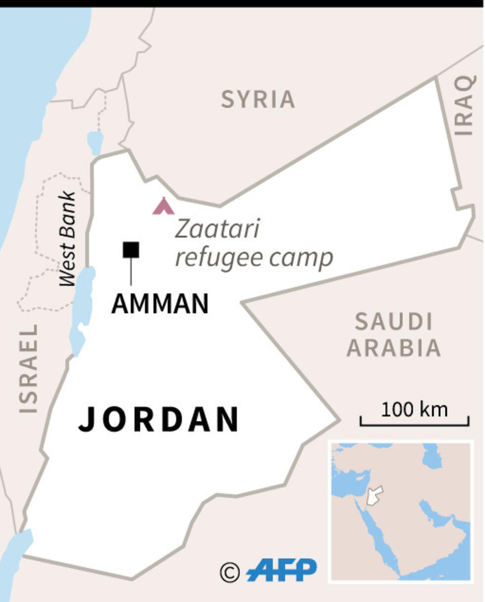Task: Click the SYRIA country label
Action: coord(257,99)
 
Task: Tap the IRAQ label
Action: coord(465,105)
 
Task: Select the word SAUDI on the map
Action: coord(393,323)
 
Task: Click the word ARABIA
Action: coord(393,348)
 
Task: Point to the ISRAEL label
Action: coord(28,368)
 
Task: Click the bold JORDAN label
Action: coord(159,419)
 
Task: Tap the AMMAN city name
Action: coord(159,304)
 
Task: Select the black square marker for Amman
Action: coord(131,250)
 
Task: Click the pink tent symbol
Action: coord(163,206)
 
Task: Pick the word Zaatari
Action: coord(218,229)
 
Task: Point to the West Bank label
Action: coord(68,238)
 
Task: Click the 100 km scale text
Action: coord(414,410)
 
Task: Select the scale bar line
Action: coord(414,424)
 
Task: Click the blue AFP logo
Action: coord(282,570)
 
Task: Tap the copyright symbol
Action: coord(230,572)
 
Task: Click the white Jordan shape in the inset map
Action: coord(375,495)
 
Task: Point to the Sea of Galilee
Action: coord(95,142)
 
